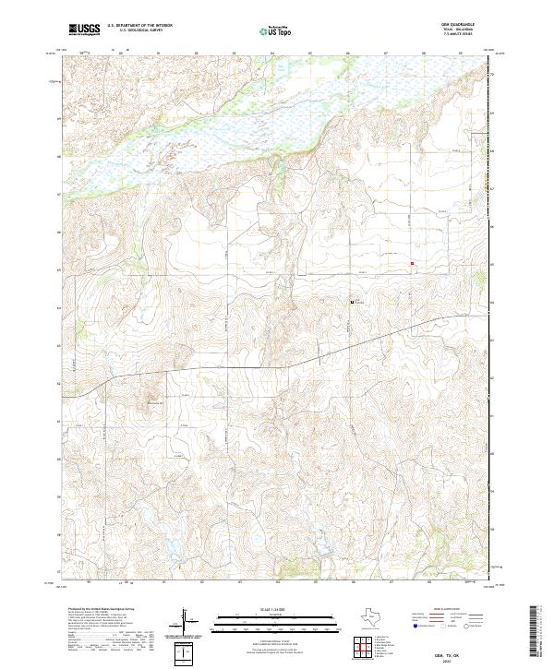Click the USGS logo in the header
[x=85, y=30]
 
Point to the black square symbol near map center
[x=351, y=302]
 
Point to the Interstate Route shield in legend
[x=416, y=626]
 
